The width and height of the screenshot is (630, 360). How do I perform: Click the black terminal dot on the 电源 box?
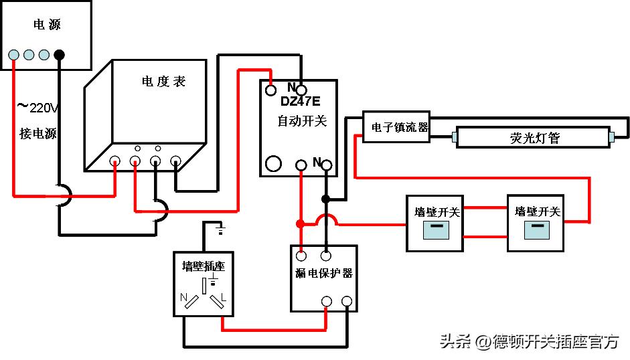click(x=60, y=55)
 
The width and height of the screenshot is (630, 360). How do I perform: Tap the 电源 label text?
click(x=48, y=25)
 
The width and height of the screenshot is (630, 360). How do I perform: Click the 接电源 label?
click(x=38, y=133)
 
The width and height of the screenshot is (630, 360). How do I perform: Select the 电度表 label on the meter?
click(x=163, y=82)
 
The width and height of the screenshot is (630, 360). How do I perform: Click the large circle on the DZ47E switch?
click(x=273, y=163)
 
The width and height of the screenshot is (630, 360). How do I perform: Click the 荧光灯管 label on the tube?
click(x=534, y=139)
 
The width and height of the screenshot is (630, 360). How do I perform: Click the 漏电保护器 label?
click(x=324, y=273)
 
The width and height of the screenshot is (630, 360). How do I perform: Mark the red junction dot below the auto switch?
click(x=301, y=223)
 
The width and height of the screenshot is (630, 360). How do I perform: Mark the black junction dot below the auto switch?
click(x=325, y=199)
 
